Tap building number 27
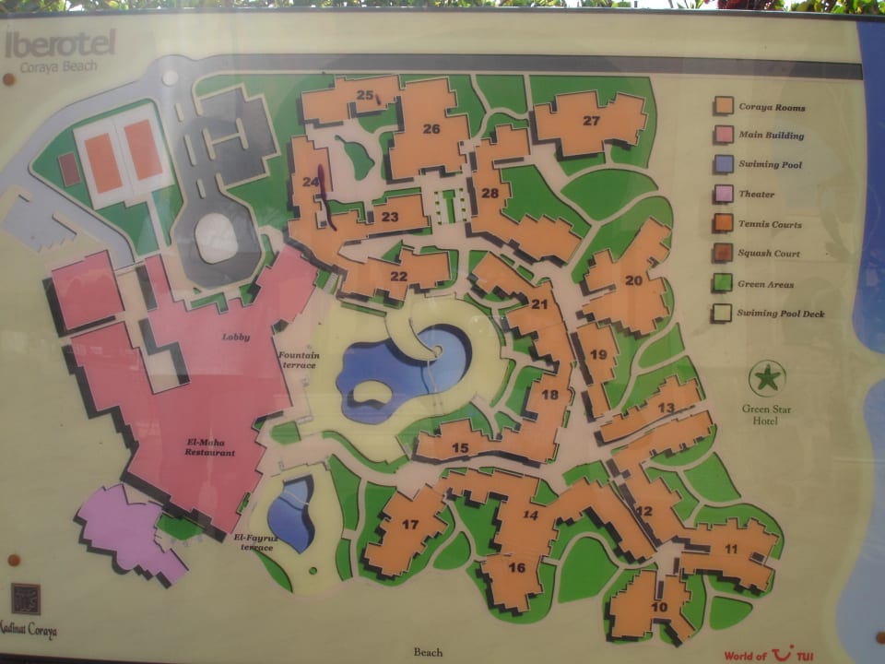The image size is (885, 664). pyautogui.click(x=591, y=121)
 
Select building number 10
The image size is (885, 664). pyautogui.click(x=658, y=607)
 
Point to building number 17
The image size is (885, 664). pyautogui.click(x=410, y=525)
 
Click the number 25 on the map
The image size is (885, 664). pyautogui.click(x=365, y=95)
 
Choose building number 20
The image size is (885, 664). pyautogui.click(x=633, y=280)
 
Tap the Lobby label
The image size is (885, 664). pyautogui.click(x=236, y=337)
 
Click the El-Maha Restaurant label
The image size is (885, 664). pyautogui.click(x=210, y=447)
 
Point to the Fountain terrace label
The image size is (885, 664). pyautogui.click(x=299, y=361)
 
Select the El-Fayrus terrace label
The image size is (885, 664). pyautogui.click(x=254, y=541)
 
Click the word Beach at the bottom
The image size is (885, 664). pyautogui.click(x=428, y=652)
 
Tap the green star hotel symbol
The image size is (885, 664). pyautogui.click(x=766, y=378)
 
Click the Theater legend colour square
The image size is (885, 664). pyautogui.click(x=724, y=194)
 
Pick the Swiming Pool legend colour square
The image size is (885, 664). pyautogui.click(x=724, y=164)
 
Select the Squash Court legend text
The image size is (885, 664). pyautogui.click(x=768, y=254)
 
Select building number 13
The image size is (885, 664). pyautogui.click(x=665, y=408)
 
